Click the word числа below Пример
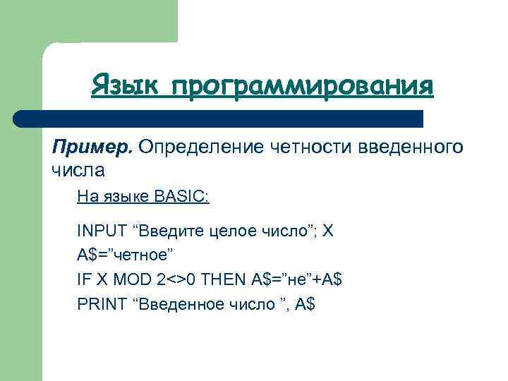[x=78, y=170]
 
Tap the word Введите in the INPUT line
[x=167, y=231]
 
